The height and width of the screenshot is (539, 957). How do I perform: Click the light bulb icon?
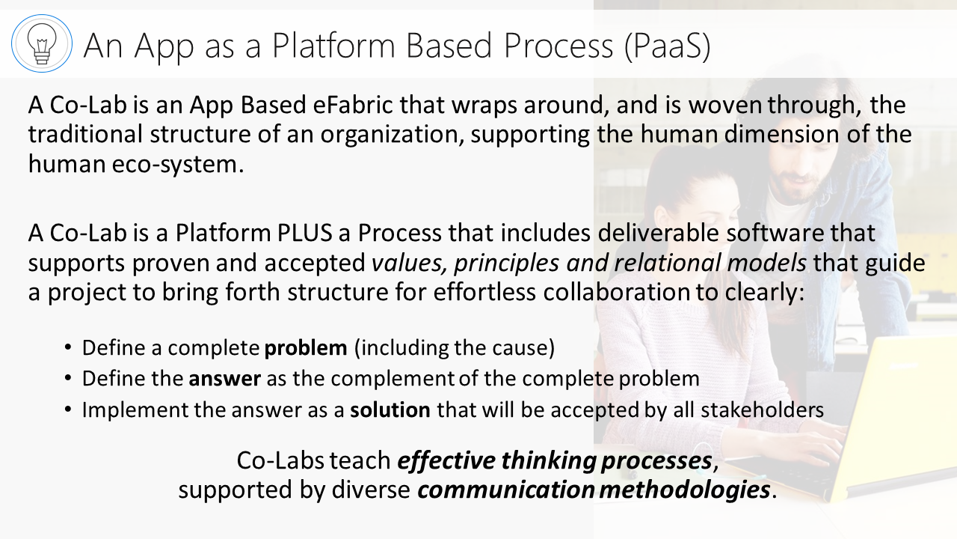click(41, 43)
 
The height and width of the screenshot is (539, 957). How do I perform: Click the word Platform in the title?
click(333, 46)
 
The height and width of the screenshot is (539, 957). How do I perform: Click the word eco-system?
click(178, 164)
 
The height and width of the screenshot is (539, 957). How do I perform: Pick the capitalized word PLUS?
click(304, 233)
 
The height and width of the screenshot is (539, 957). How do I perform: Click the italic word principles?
click(506, 264)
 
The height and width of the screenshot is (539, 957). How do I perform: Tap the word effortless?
click(484, 292)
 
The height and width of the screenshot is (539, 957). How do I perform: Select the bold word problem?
click(306, 348)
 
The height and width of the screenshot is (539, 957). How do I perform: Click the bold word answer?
click(225, 379)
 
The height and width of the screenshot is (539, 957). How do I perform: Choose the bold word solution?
click(390, 409)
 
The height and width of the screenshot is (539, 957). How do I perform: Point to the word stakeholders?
click(762, 409)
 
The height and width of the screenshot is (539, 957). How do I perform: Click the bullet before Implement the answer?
click(68, 409)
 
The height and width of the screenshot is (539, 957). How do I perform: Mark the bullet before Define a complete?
click(68, 347)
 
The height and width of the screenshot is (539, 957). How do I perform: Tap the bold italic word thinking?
click(549, 461)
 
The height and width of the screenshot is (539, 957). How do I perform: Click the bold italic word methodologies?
click(684, 490)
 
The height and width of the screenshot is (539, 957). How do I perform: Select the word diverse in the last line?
click(371, 490)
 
